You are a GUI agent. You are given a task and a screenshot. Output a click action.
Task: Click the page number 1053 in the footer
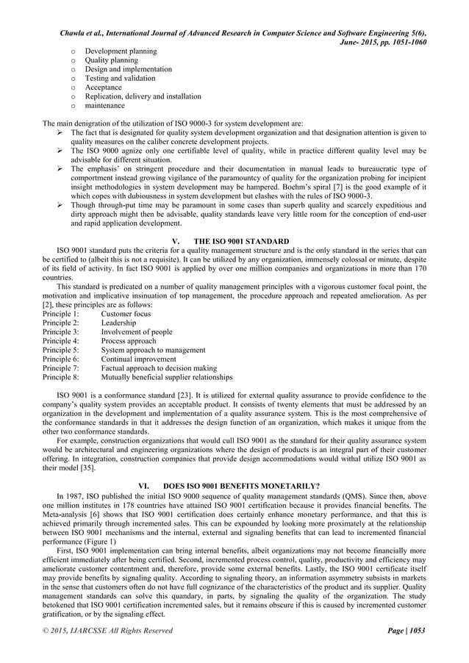[416, 630]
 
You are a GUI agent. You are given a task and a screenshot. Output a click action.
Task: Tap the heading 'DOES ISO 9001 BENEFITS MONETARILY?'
[247, 465]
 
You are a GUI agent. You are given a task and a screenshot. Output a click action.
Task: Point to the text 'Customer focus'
[127, 314]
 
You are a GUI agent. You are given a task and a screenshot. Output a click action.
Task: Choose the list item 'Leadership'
[118, 323]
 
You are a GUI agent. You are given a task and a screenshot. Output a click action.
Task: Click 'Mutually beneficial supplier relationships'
[167, 377]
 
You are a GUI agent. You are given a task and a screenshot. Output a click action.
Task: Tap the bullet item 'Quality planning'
[111, 60]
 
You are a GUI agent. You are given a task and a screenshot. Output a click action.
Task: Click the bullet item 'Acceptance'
[103, 87]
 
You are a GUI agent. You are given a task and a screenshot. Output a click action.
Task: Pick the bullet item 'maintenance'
[104, 105]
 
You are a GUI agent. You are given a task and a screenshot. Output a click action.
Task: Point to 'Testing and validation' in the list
[120, 78]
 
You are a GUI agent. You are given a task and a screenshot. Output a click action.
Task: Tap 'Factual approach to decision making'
[159, 368]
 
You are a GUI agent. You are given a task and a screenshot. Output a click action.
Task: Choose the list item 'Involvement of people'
[137, 332]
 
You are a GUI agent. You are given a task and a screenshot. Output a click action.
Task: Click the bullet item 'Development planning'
[121, 51]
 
